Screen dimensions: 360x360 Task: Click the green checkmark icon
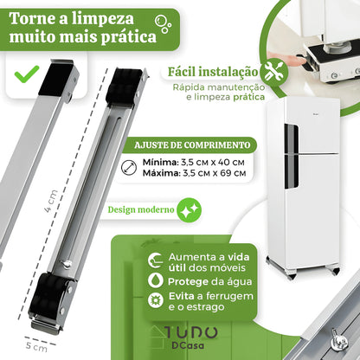[27, 74]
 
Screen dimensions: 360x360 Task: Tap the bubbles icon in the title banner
[163, 23]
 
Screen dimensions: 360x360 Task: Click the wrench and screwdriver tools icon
[274, 72]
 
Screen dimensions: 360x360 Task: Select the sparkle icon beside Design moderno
[189, 209]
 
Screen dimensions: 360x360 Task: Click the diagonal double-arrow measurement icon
[129, 168]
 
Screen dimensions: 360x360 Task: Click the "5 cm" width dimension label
[36, 346]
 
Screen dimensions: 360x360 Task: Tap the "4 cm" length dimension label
[51, 202]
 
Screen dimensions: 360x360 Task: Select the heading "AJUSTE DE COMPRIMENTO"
[192, 145]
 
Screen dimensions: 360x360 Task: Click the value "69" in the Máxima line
[223, 173]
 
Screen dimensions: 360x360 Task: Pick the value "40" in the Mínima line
[224, 162]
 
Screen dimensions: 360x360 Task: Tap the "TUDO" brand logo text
[191, 332]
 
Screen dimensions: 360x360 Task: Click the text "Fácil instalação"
[213, 72]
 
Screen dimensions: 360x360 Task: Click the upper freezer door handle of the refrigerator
[292, 138]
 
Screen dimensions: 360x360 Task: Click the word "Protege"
[188, 281]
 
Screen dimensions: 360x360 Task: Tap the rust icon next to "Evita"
[156, 300]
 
